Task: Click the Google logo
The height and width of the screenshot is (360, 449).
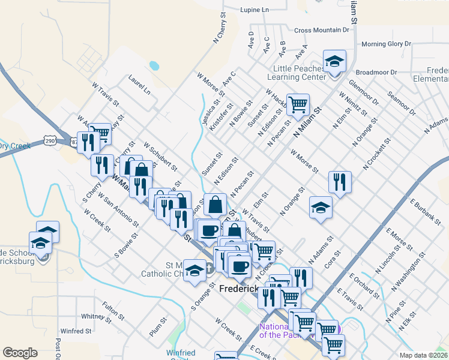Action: (x=20, y=353)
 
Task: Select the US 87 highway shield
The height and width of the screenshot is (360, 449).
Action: (x=73, y=142)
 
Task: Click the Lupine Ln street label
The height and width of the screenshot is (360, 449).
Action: (x=255, y=10)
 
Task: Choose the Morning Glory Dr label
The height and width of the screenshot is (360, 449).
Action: (x=386, y=44)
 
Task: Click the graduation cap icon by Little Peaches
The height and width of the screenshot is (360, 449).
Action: (x=334, y=61)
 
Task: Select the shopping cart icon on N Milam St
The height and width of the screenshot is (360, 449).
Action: (x=298, y=104)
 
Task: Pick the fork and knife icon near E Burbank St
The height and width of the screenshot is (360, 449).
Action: (x=340, y=182)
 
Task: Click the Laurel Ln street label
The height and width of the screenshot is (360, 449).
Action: (x=139, y=84)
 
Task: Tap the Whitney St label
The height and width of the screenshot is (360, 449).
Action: (x=93, y=316)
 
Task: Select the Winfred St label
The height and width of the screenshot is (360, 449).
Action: (x=76, y=331)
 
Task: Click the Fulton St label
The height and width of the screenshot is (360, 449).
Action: (x=113, y=310)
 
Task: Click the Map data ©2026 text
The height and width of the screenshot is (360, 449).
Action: (x=423, y=355)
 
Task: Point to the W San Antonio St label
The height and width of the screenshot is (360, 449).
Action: (x=118, y=210)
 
